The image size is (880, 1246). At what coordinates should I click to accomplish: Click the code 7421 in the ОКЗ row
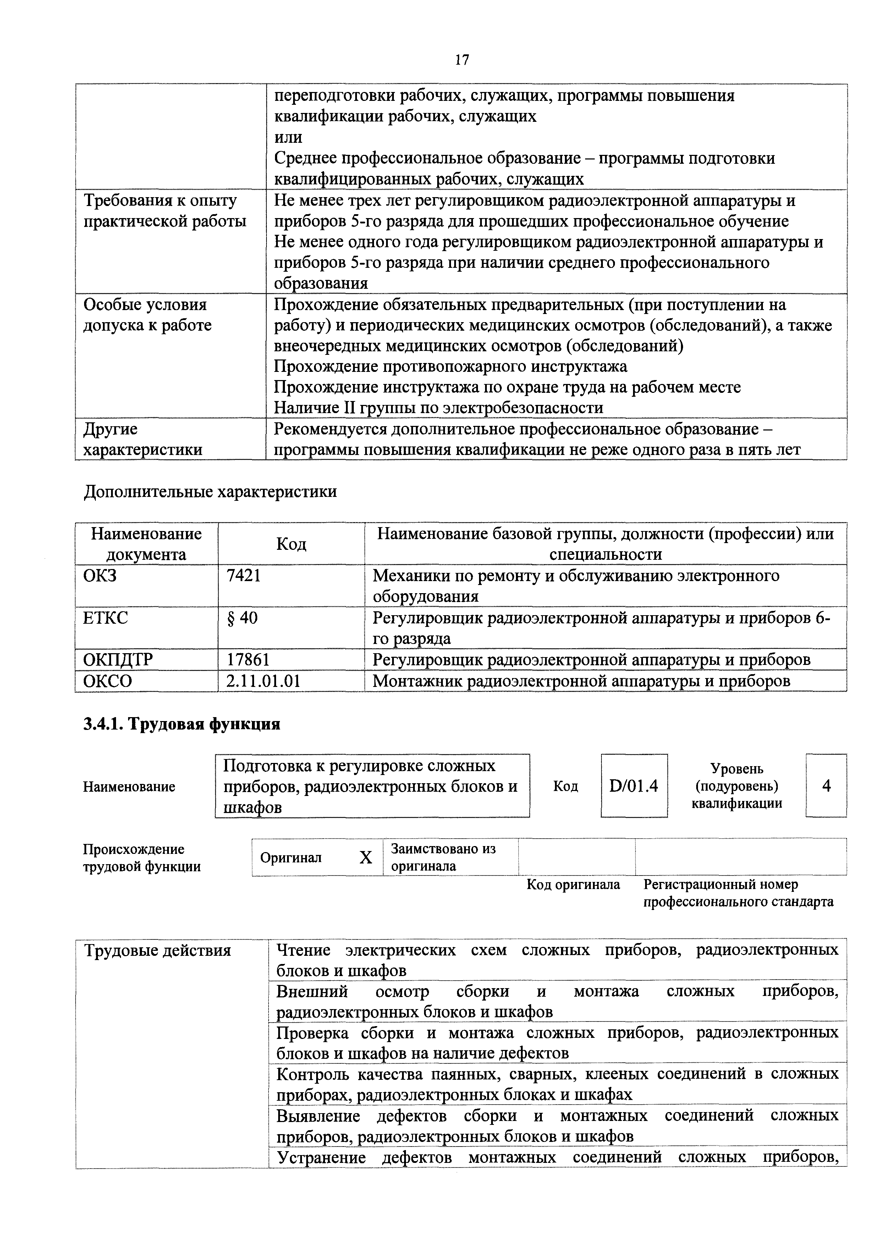pyautogui.click(x=243, y=575)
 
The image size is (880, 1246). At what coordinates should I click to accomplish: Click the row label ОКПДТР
pyautogui.click(x=118, y=659)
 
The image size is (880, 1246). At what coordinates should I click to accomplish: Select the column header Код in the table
pyautogui.click(x=291, y=544)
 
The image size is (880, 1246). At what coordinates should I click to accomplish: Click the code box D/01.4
pyautogui.click(x=633, y=785)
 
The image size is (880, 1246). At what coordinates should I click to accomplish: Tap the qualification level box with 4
pyautogui.click(x=826, y=785)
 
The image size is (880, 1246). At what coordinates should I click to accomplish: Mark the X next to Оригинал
pyautogui.click(x=366, y=857)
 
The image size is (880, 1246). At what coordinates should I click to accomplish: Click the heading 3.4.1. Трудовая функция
pyautogui.click(x=182, y=724)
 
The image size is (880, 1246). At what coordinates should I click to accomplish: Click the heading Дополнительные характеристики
pyautogui.click(x=210, y=492)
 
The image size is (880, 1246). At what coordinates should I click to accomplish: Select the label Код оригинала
pyautogui.click(x=573, y=884)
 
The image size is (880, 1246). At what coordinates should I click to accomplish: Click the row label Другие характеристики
pyautogui.click(x=143, y=439)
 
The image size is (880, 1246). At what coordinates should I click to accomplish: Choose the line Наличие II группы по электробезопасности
pyautogui.click(x=438, y=407)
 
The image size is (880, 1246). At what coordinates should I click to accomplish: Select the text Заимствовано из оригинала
pyautogui.click(x=443, y=857)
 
